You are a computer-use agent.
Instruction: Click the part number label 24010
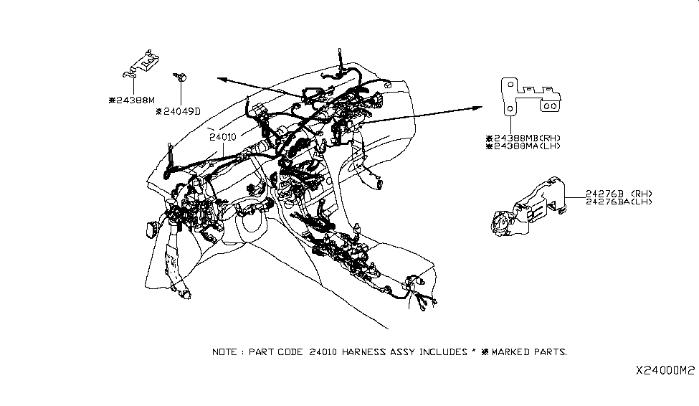tap(223, 136)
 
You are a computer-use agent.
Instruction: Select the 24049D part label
tap(179, 111)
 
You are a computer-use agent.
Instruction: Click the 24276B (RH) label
tap(619, 194)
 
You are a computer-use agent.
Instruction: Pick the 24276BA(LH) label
tap(619, 202)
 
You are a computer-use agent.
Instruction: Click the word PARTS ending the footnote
tap(551, 352)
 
